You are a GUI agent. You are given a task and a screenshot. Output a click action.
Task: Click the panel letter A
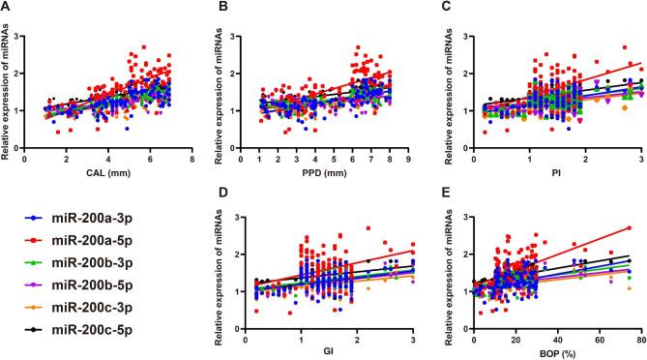click(x=7, y=9)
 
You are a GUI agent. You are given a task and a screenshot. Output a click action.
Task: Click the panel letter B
click(x=224, y=9)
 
